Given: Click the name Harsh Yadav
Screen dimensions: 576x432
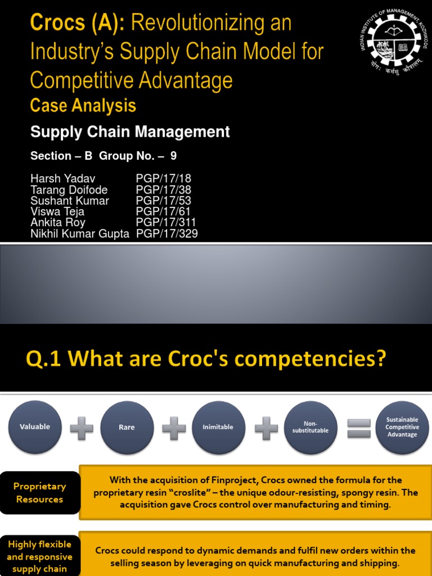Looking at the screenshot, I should [x=58, y=179].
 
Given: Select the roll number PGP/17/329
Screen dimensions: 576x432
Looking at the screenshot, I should [x=167, y=233].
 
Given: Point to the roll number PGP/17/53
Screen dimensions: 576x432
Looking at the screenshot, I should [x=164, y=201].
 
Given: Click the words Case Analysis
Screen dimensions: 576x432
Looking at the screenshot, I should [x=83, y=105].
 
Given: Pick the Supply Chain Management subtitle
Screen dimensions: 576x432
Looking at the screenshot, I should [x=130, y=132].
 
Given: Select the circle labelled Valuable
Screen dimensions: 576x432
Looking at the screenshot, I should [x=35, y=427].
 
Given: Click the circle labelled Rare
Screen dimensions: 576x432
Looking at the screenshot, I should [x=127, y=427].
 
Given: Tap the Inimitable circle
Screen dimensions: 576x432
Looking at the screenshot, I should [x=218, y=427].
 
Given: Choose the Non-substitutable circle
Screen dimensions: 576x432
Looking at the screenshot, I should [x=310, y=427].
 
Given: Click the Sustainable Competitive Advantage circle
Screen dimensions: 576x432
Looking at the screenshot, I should [x=402, y=427].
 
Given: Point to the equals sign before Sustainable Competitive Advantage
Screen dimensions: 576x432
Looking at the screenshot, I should [x=359, y=428].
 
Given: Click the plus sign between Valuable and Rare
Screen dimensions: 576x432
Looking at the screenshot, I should [x=82, y=428].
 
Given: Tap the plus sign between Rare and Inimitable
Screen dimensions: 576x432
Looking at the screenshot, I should [x=173, y=428].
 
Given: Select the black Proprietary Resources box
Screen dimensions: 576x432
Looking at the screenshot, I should [x=40, y=493].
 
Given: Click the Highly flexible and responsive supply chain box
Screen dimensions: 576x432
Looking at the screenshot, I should [x=40, y=556].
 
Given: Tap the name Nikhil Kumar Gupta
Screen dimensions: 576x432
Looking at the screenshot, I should [x=79, y=233].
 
